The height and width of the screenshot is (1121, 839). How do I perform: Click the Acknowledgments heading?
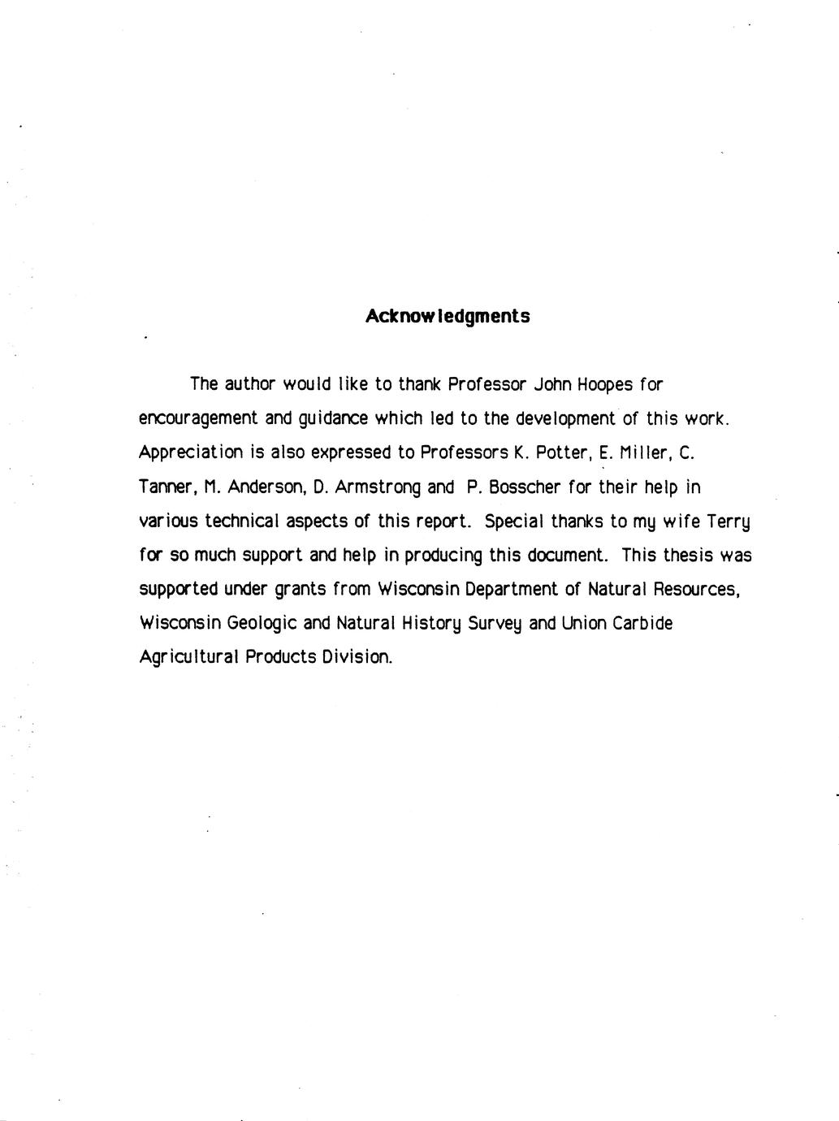point(448,316)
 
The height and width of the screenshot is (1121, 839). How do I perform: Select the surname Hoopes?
point(598,383)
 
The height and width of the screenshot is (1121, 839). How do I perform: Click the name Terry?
point(729,522)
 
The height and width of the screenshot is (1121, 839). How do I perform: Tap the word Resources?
point(696,589)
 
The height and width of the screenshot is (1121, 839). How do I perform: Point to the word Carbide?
point(642,623)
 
